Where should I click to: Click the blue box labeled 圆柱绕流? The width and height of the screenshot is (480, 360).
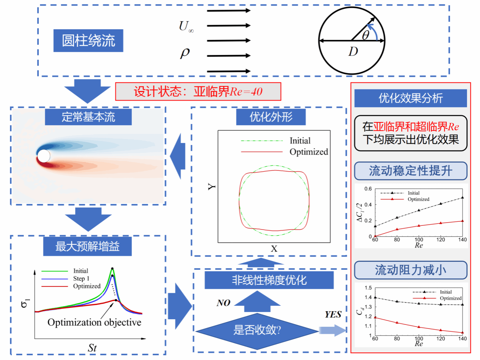coord(88,41)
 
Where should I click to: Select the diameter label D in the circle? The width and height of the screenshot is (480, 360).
coord(353,51)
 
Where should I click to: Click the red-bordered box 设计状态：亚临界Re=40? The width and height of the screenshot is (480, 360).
coord(198,92)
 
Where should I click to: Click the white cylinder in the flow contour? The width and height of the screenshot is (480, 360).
coord(44,156)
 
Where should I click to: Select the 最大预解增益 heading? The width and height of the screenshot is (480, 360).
coord(88,247)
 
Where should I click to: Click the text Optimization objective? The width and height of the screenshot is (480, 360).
coord(94,322)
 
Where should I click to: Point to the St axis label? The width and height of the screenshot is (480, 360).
coord(92,348)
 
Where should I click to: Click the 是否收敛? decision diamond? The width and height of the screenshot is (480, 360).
coord(257,330)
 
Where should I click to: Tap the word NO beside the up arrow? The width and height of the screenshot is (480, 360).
coord(223,303)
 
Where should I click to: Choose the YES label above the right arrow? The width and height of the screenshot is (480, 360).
coord(333,315)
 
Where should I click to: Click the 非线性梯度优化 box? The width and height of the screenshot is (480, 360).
coord(269,280)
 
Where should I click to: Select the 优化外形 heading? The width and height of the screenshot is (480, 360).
coord(272,117)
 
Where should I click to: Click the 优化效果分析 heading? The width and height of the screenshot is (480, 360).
coord(411,98)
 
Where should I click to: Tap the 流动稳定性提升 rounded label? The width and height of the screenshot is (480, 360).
coord(411,171)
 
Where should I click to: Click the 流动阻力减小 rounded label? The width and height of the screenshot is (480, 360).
coord(411,270)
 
